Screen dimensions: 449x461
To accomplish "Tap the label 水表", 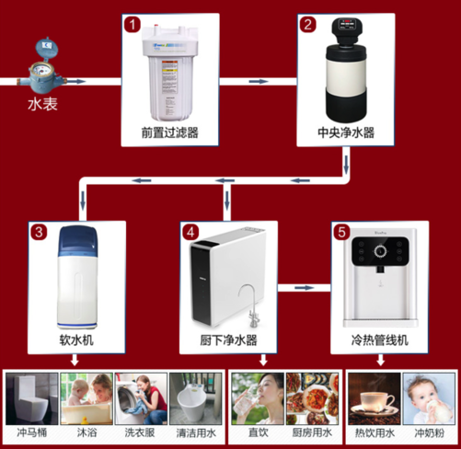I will click(x=42, y=103).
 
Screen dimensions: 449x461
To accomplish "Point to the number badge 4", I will click(x=189, y=232).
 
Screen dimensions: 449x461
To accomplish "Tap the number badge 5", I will click(x=339, y=232).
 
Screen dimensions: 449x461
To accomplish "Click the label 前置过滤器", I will click(x=168, y=133).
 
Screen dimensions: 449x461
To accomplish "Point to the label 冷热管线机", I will click(x=380, y=341).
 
